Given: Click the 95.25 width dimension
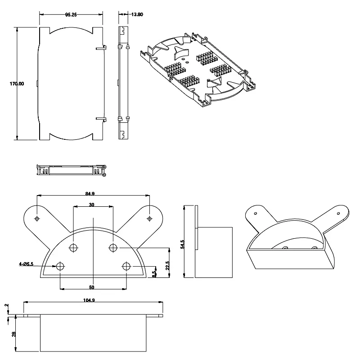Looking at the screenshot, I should point(70,15).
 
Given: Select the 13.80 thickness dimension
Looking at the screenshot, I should point(137,15).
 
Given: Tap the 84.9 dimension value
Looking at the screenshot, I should point(93,194).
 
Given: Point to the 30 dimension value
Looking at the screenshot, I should point(91,205).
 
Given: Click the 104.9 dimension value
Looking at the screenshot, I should point(89,300).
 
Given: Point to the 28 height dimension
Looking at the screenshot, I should point(13,334).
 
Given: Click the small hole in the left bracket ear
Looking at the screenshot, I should point(37,218).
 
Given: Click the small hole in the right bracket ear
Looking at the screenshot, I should point(150,218).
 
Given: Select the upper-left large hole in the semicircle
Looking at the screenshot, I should point(73,248).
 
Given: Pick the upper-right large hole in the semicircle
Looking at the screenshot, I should point(113,248).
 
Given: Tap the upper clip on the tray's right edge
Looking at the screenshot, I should point(101,46).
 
